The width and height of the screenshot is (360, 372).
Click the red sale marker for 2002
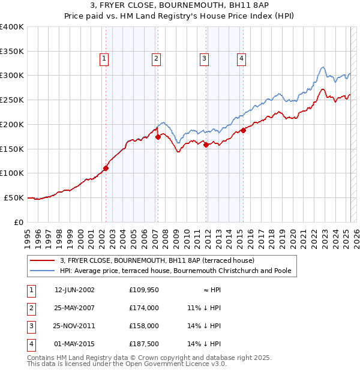click(x=106, y=169)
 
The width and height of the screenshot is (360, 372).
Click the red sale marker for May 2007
click(x=158, y=137)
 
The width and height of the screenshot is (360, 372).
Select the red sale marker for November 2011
click(x=206, y=145)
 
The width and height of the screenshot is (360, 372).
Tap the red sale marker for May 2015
click(x=243, y=130)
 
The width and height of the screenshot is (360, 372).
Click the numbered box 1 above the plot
click(x=104, y=59)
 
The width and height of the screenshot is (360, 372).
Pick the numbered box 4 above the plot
click(x=241, y=59)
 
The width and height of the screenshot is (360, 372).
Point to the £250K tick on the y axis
click(x=12, y=100)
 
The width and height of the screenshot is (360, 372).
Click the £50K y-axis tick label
click(x=14, y=197)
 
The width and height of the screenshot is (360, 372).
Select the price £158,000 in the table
click(x=144, y=326)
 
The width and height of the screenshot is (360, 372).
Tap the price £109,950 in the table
click(x=144, y=290)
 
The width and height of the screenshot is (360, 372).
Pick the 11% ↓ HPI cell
click(x=204, y=308)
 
